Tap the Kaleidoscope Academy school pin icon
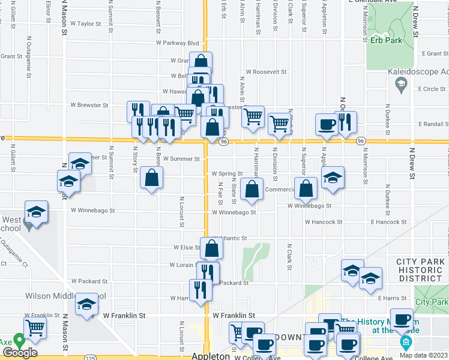tap(401, 85)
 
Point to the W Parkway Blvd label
tap(177, 43)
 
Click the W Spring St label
tap(227, 174)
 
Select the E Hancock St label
tap(389, 222)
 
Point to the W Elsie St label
tap(187, 247)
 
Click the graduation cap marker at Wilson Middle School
tap(87, 304)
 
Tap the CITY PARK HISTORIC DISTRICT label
tap(421, 270)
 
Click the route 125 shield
tap(90, 358)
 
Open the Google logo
tap(20, 353)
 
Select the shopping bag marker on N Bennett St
tap(151, 178)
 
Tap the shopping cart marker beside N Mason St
tap(35, 328)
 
